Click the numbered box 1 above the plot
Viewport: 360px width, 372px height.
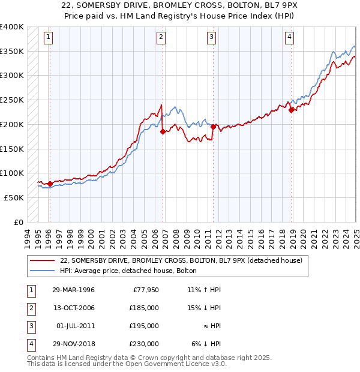tap(49, 37)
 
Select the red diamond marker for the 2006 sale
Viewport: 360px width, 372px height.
tap(162, 132)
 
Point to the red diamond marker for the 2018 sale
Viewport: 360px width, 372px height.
tap(290, 110)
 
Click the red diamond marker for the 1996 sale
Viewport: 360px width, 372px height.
tap(49, 184)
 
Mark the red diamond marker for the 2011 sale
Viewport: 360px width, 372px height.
tap(213, 127)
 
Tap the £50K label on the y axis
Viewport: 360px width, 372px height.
tap(14, 197)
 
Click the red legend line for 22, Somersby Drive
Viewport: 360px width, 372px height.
tap(43, 260)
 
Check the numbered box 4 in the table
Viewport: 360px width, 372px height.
tap(30, 344)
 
